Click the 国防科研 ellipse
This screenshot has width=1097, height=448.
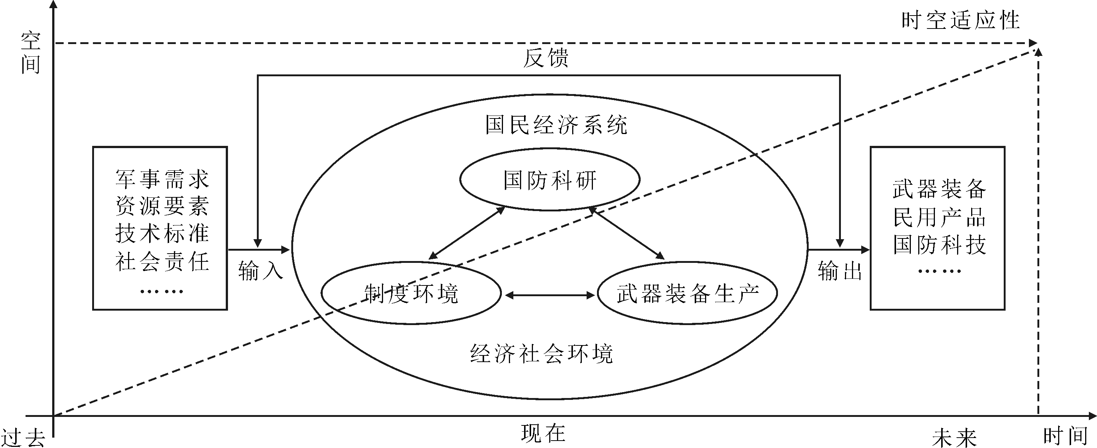[x=549, y=180]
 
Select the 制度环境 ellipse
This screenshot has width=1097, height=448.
[x=411, y=293]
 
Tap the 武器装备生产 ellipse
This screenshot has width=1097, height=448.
[x=687, y=293]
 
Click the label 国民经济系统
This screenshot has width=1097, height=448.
[x=556, y=125]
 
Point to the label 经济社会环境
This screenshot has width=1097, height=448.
[x=541, y=354]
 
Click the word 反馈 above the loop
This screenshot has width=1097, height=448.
[x=546, y=58]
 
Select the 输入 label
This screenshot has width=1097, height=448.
[x=261, y=271]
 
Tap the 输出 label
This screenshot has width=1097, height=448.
[x=840, y=271]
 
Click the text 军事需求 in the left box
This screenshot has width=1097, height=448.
[x=162, y=179]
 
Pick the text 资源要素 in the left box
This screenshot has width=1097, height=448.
[x=162, y=207]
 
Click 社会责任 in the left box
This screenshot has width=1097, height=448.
[x=162, y=261]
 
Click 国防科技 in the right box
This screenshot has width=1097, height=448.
[x=939, y=244]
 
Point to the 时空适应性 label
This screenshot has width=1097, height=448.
[x=961, y=20]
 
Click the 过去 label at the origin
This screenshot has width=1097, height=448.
[x=23, y=438]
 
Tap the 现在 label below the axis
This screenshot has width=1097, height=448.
[x=543, y=434]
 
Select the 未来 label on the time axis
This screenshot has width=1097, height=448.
[x=954, y=438]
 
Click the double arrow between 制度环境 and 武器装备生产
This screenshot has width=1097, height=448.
[x=549, y=295]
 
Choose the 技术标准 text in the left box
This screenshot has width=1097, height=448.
[x=162, y=233]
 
